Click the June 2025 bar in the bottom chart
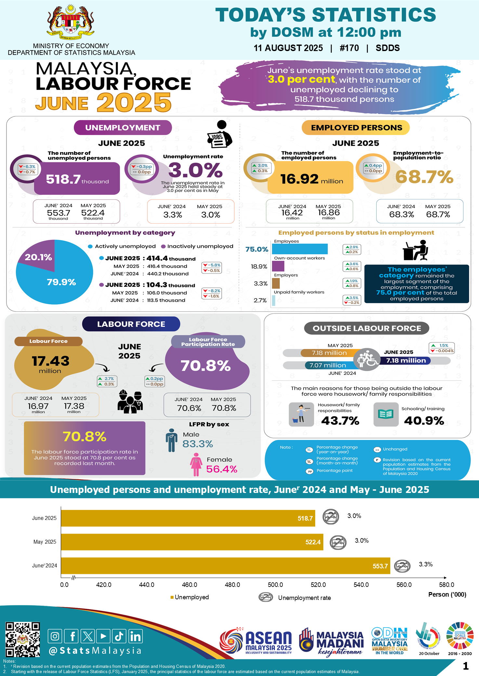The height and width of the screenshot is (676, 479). pos(188,518)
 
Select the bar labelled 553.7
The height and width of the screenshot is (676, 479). pos(225,566)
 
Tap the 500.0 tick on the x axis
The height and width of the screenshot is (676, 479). pos(275,585)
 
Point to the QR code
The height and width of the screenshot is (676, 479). pos(22,639)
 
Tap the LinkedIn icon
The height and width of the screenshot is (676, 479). pos(135,636)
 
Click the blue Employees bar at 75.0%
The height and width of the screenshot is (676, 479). pos(300,249)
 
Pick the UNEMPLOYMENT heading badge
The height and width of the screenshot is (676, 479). pos(123,127)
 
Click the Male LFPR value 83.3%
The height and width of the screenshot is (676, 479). pos(198,444)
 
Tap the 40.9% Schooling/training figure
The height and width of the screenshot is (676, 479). pos(424,421)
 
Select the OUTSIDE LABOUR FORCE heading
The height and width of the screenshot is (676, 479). pos(367,328)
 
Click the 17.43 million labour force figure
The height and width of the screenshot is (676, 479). pos(51,361)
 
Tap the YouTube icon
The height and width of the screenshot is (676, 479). pos(103,636)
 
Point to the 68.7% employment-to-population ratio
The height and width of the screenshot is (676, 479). pos(424,177)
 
